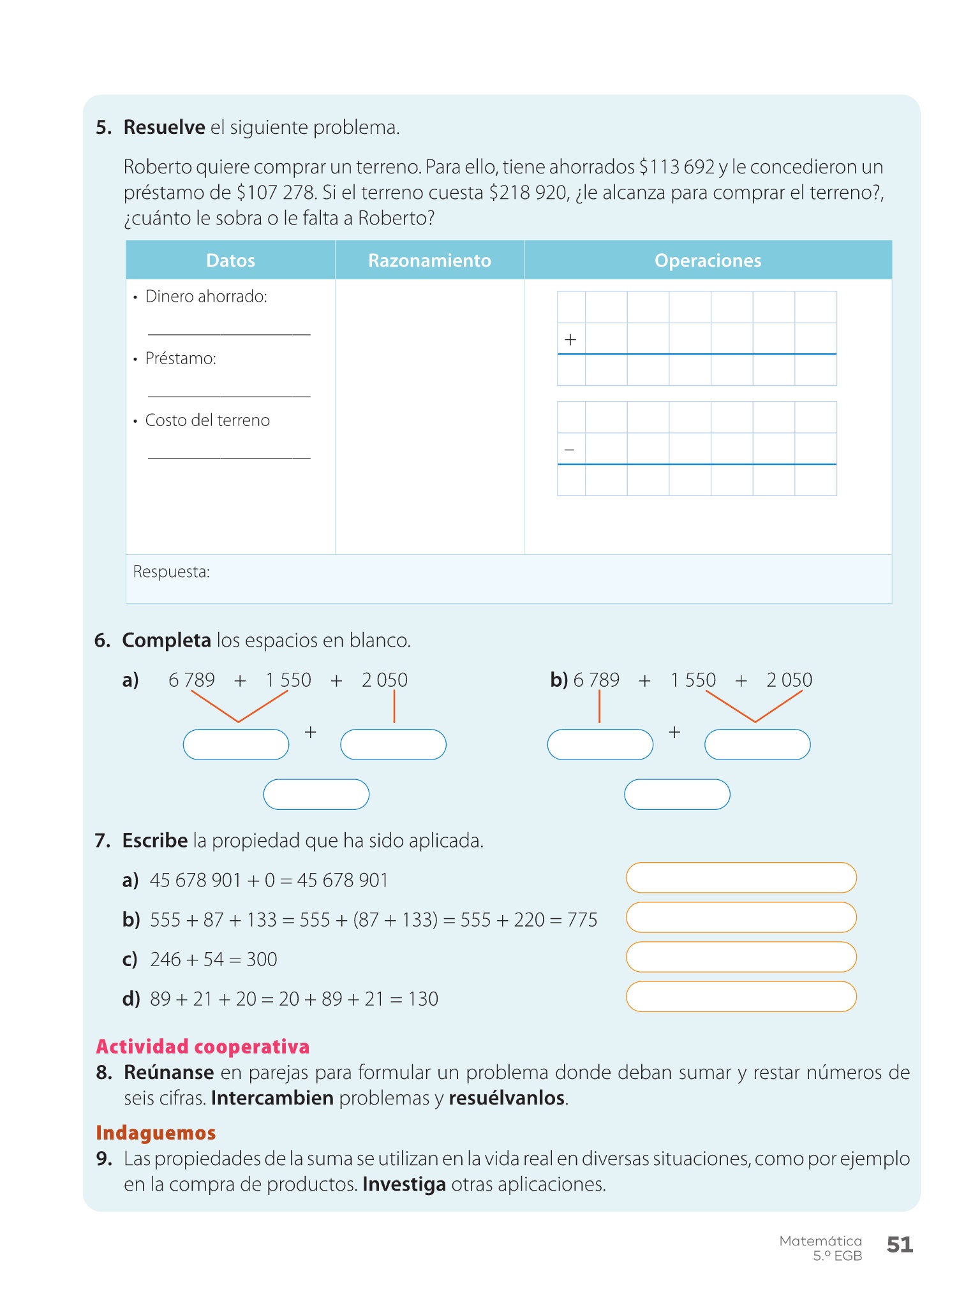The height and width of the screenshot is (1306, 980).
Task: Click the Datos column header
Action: (230, 260)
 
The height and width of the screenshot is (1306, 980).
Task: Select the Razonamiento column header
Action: (429, 260)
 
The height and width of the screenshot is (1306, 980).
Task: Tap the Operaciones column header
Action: (708, 260)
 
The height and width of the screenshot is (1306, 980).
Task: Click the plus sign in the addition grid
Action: (570, 340)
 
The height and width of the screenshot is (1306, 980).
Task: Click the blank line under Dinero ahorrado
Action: (229, 333)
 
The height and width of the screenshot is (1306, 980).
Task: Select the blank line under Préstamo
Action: (229, 395)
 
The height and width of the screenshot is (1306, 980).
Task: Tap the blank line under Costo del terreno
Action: (229, 457)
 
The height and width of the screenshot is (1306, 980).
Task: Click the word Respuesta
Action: (171, 572)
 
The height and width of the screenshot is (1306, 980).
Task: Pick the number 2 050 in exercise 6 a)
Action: (384, 680)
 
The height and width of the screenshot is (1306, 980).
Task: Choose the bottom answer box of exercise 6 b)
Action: (677, 795)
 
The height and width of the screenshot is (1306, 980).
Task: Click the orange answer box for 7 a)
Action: (741, 878)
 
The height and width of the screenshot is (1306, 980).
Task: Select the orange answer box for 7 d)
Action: (741, 997)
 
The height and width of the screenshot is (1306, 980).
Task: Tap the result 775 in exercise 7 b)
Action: (582, 920)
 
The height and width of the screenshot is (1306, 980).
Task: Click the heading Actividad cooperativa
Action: (203, 1046)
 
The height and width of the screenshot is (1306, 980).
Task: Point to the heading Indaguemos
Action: (156, 1133)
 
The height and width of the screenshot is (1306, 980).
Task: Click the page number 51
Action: (900, 1244)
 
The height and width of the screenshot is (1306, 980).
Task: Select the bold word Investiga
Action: (404, 1184)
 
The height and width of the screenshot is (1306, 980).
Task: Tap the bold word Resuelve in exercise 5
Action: (164, 128)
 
